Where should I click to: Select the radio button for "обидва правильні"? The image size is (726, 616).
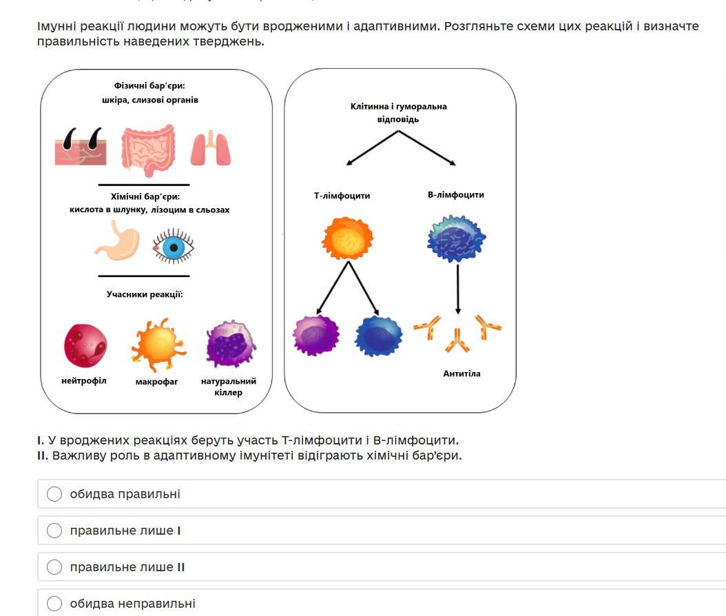tap(54, 494)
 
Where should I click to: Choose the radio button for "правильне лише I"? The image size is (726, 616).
tap(54, 531)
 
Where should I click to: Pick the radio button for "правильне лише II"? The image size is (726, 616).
tap(54, 567)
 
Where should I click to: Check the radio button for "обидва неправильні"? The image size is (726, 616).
tap(54, 604)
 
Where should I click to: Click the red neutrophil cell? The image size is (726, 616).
tap(85, 345)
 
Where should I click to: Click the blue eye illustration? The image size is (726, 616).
tap(173, 247)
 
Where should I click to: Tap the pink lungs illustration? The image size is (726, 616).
tap(211, 148)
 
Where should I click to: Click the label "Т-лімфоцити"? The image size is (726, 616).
tap(342, 196)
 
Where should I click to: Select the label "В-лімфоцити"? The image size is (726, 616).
tap(456, 195)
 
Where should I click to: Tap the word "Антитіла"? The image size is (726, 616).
tap(461, 373)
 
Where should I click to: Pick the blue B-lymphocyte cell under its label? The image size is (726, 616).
tap(457, 238)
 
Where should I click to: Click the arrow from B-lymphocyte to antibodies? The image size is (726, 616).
tap(458, 289)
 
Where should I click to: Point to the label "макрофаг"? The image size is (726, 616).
tap(156, 381)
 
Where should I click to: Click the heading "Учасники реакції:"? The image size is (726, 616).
tap(145, 294)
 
